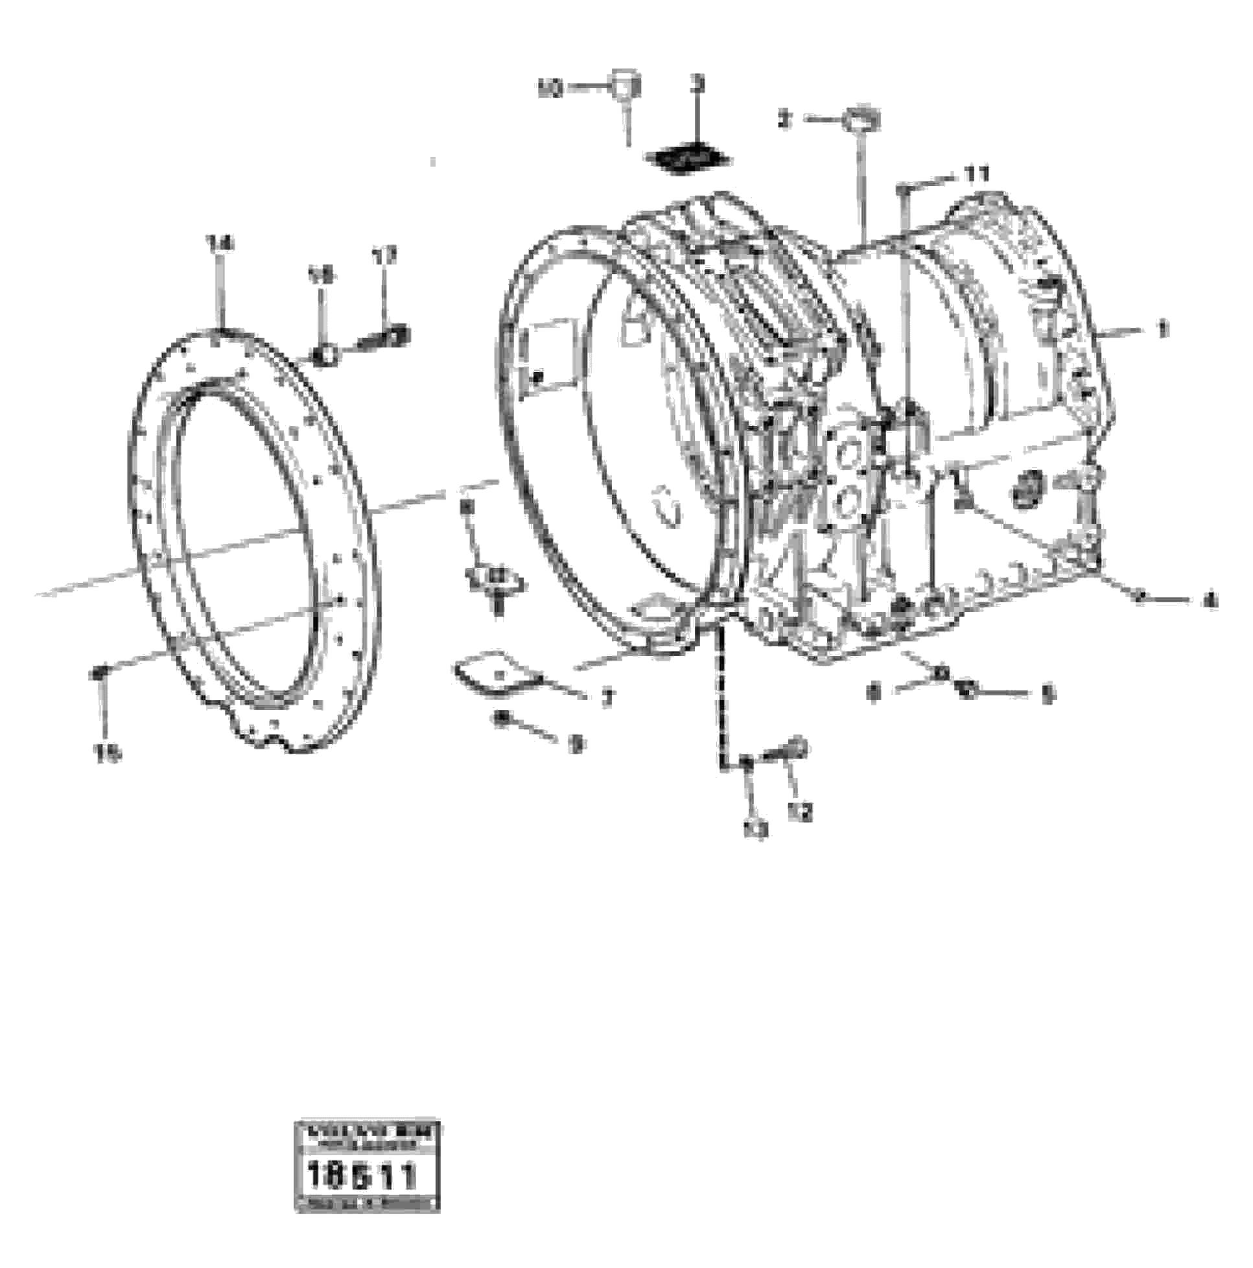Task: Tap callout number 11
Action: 976,174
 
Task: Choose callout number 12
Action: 801,811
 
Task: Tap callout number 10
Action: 550,89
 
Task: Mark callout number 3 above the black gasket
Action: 697,84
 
